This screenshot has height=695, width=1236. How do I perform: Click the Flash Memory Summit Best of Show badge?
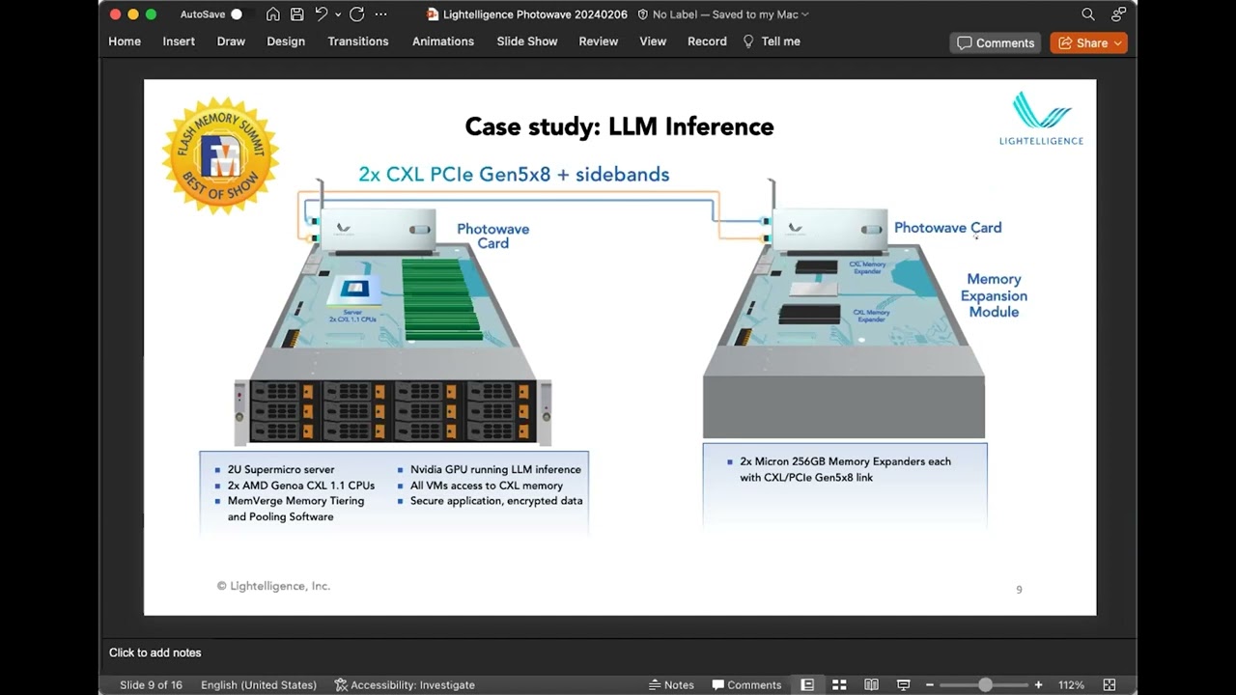click(x=220, y=154)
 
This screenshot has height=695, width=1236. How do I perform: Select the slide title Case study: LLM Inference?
click(x=619, y=126)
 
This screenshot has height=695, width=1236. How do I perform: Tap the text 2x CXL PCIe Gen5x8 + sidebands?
click(x=514, y=175)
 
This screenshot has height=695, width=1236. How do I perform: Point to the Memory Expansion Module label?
click(x=994, y=295)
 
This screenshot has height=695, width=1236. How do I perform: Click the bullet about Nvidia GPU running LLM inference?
click(x=495, y=470)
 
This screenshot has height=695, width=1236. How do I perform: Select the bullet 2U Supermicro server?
click(x=281, y=470)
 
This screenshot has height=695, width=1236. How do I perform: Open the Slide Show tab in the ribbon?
click(x=527, y=42)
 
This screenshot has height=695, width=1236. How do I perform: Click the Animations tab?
click(x=443, y=42)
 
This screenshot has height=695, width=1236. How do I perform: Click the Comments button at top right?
click(x=996, y=42)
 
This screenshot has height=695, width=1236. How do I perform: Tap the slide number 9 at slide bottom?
click(x=1019, y=590)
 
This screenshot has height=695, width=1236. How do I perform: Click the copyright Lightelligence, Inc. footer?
click(x=273, y=586)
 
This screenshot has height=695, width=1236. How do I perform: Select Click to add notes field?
click(x=155, y=653)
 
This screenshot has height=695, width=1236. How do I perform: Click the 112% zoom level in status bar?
click(x=1071, y=684)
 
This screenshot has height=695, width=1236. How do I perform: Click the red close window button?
click(x=116, y=14)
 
